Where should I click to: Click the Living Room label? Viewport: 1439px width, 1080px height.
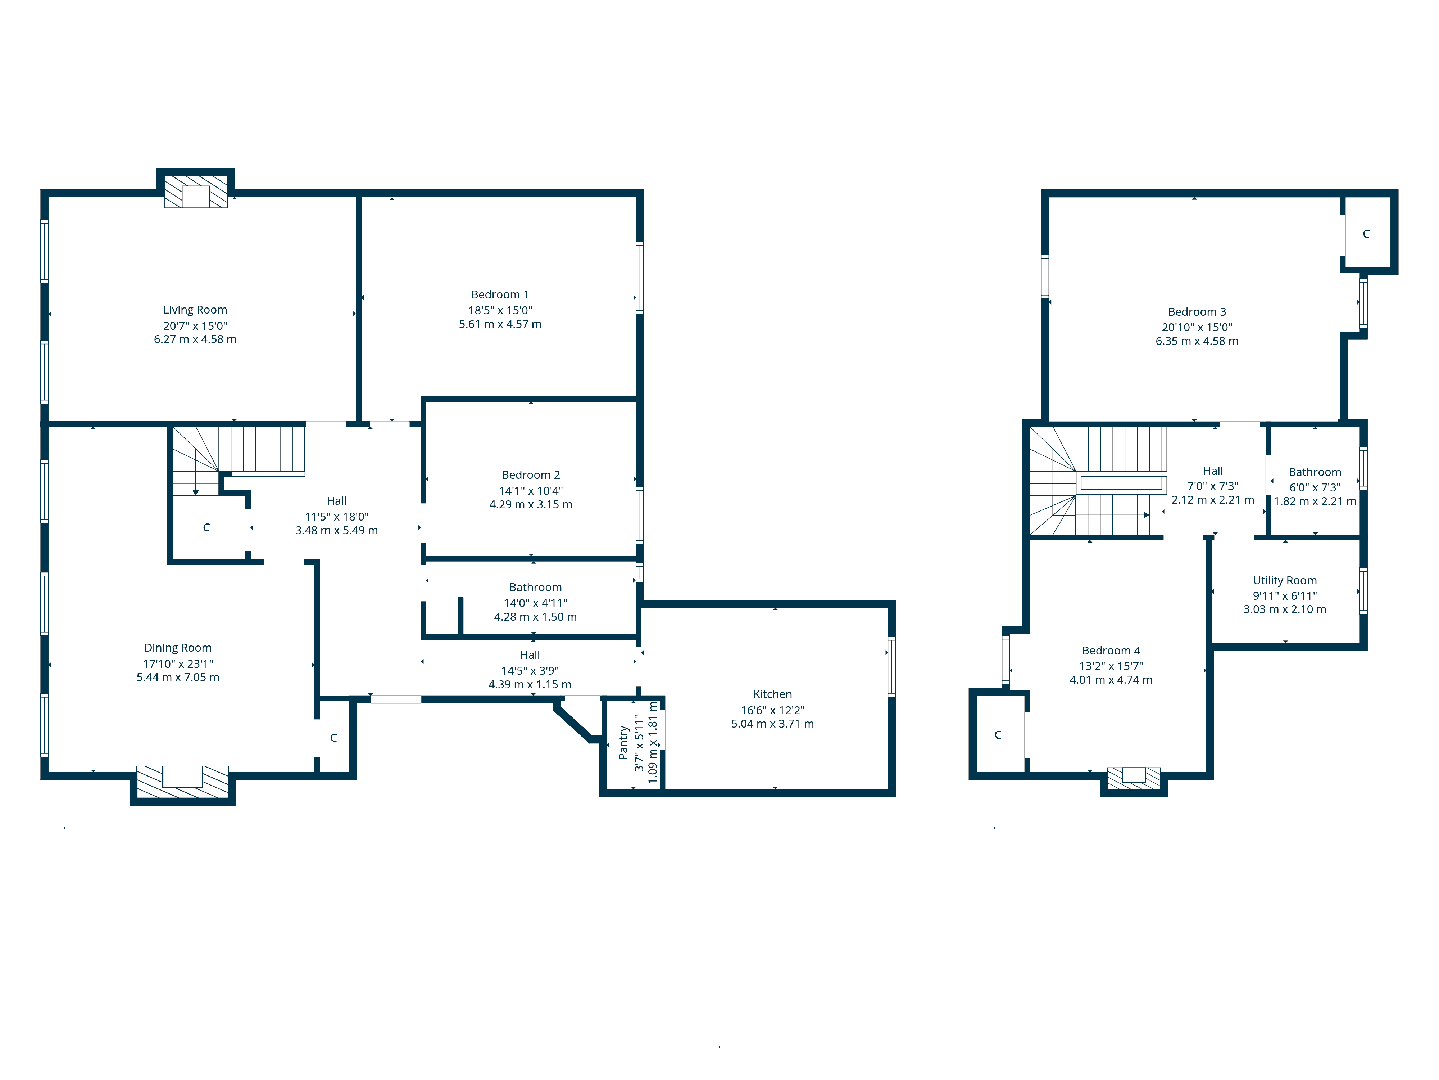pos(195,310)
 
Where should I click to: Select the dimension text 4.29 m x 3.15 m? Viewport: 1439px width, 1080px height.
pos(531,504)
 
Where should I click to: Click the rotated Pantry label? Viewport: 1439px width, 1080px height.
pos(623,743)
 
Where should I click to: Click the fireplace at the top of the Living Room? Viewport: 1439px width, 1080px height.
pos(196,192)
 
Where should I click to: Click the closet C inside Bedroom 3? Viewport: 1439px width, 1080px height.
pos(1366,234)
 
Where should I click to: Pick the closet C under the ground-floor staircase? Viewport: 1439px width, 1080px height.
pos(206,527)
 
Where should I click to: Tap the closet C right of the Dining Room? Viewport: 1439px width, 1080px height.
pos(334,738)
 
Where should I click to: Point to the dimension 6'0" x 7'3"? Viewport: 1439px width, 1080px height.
pos(1315,487)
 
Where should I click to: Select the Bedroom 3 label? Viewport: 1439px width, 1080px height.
pos(1197,312)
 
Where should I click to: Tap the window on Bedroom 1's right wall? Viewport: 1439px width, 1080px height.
pos(640,278)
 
